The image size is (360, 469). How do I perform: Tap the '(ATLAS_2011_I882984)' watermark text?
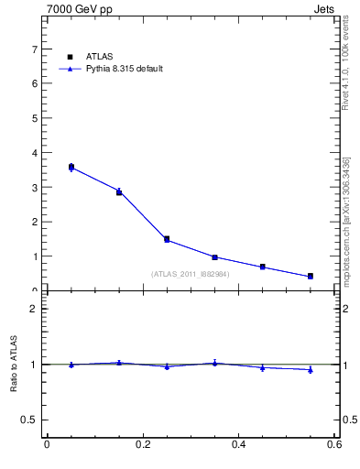click(x=191, y=274)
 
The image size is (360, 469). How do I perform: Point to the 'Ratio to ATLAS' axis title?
click(x=14, y=365)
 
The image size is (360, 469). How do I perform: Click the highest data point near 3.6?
click(x=71, y=167)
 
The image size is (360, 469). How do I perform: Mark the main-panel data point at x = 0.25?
click(x=167, y=239)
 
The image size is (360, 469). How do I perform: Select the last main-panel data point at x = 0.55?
click(x=311, y=276)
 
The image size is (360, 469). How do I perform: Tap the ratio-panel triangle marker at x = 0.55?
click(x=311, y=370)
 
